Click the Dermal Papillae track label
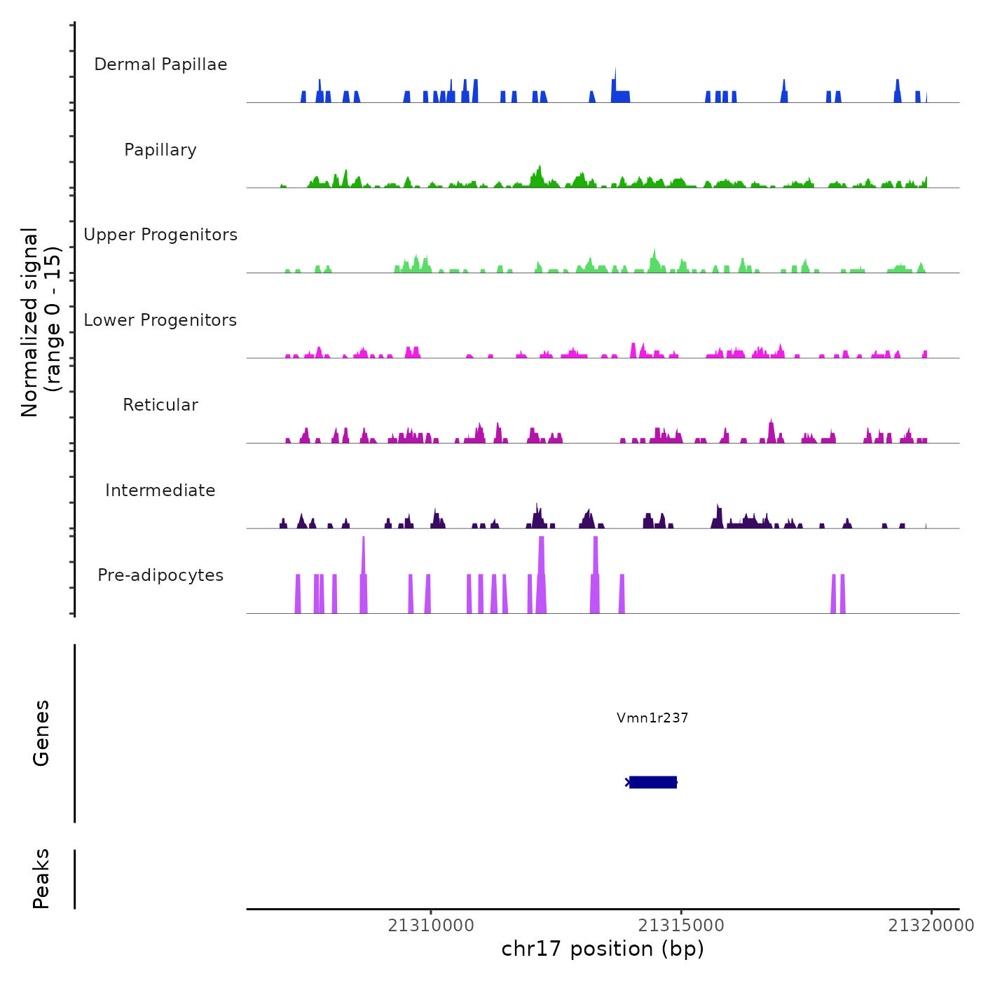pos(160,64)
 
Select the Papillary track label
pos(160,150)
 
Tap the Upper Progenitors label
pos(160,235)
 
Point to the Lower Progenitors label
pos(160,320)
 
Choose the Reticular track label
pos(160,405)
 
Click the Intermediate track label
pos(160,490)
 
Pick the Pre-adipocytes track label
pos(160,575)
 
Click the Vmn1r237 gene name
pos(652,718)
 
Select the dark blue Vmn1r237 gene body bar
pos(653,782)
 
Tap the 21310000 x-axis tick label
pos(431,926)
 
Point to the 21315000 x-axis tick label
pos(681,926)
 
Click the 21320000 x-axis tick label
pos(931,926)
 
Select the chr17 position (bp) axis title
pos(603,949)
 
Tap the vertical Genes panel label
pos(41,733)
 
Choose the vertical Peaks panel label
pos(41,879)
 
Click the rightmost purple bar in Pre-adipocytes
pos(842,594)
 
